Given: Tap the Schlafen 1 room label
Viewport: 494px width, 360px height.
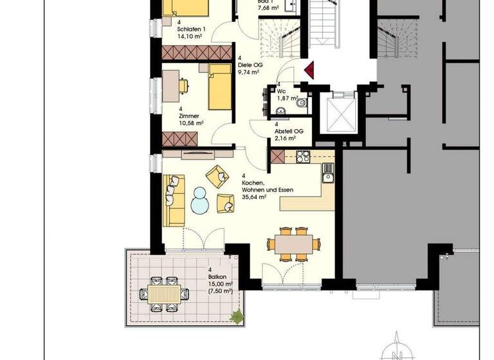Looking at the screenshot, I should [x=191, y=30].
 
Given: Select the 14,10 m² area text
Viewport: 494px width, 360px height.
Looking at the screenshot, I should [x=192, y=37].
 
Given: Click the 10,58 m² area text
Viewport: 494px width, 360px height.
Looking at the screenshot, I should [x=191, y=123].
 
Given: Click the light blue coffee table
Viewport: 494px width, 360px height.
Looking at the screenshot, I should [x=200, y=199].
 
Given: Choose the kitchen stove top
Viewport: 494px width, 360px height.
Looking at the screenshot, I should [x=302, y=156].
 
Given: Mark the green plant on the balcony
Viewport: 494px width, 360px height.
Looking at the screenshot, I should [x=237, y=316].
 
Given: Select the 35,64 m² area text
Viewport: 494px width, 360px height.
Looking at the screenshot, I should [x=255, y=198].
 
